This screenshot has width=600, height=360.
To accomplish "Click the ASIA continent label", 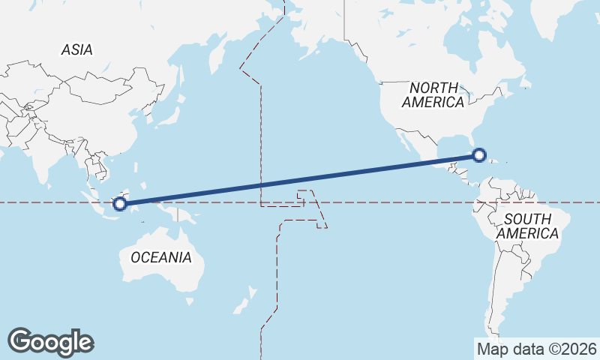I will pos(77,50).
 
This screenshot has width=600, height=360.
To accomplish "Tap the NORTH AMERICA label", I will pos(433,95).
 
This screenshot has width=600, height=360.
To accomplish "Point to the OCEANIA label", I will pos(160,257).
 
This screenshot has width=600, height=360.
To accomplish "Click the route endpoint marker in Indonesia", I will pos(118,203).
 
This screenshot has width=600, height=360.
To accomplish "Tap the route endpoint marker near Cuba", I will pos(478,155).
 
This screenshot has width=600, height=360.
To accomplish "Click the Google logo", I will pos(50,342).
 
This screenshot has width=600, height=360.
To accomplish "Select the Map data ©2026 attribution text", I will pos(537,349).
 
